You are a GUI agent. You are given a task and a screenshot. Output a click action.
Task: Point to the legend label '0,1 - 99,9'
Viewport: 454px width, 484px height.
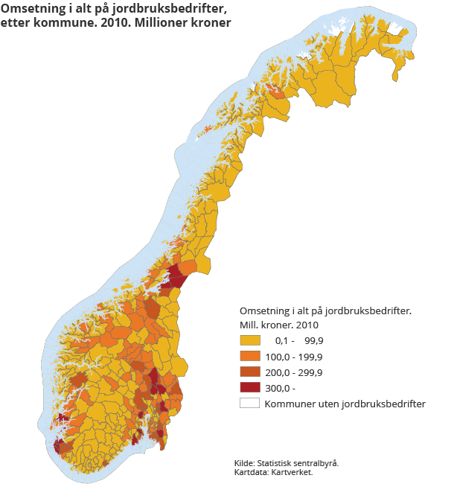point(299,340)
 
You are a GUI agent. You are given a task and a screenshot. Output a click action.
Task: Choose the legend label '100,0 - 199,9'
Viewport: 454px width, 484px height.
point(299,356)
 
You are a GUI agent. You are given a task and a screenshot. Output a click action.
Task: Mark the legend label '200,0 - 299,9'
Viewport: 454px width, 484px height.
point(299,372)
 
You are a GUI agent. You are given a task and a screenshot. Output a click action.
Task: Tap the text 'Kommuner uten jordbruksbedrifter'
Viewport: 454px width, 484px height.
point(345,403)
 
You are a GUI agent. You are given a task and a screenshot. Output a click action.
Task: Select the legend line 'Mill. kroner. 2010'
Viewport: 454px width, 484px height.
point(279,325)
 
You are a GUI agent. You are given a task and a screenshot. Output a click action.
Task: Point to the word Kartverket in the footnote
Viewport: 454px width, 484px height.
point(293,471)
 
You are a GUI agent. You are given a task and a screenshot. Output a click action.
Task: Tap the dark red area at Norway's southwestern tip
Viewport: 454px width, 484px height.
point(58,446)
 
